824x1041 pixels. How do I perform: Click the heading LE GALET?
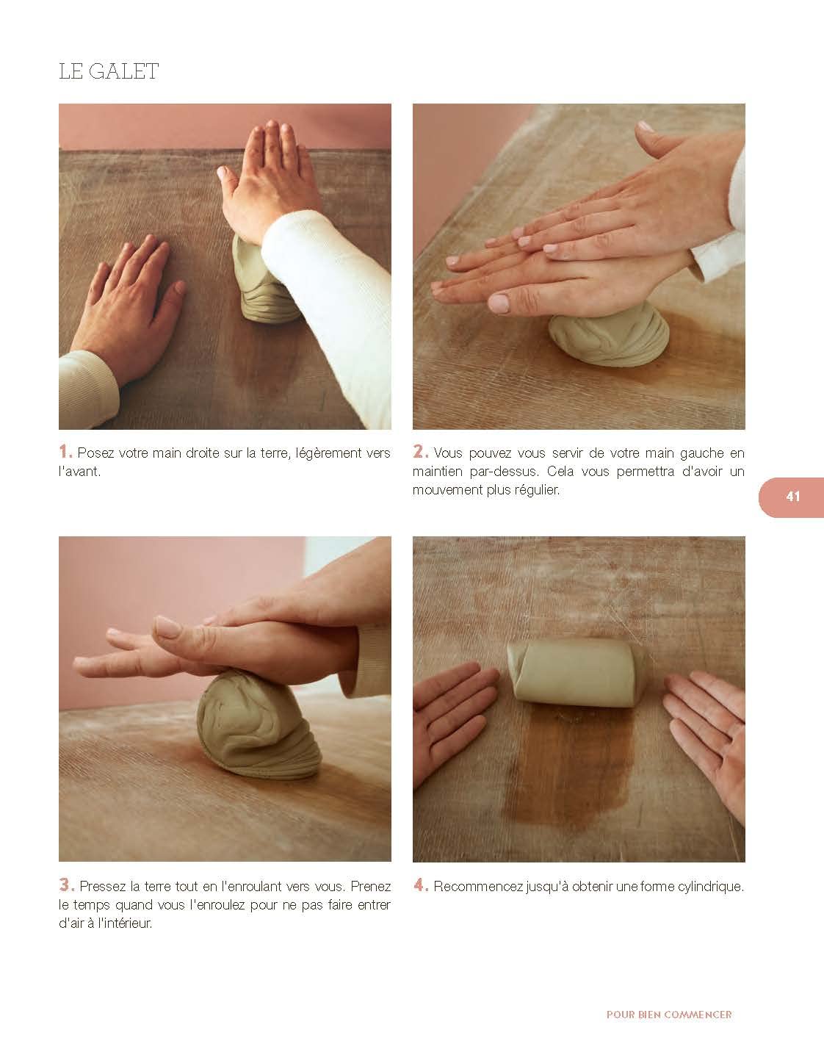(x=108, y=71)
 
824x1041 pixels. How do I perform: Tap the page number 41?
(x=792, y=497)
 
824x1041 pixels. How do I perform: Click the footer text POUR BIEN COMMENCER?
(x=669, y=1015)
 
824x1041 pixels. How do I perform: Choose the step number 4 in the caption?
(x=420, y=885)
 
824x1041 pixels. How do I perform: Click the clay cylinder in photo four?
(x=577, y=673)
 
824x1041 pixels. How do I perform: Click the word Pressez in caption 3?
(x=102, y=886)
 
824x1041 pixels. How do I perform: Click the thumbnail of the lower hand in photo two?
(x=498, y=303)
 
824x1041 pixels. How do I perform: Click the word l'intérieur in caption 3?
(x=125, y=923)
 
